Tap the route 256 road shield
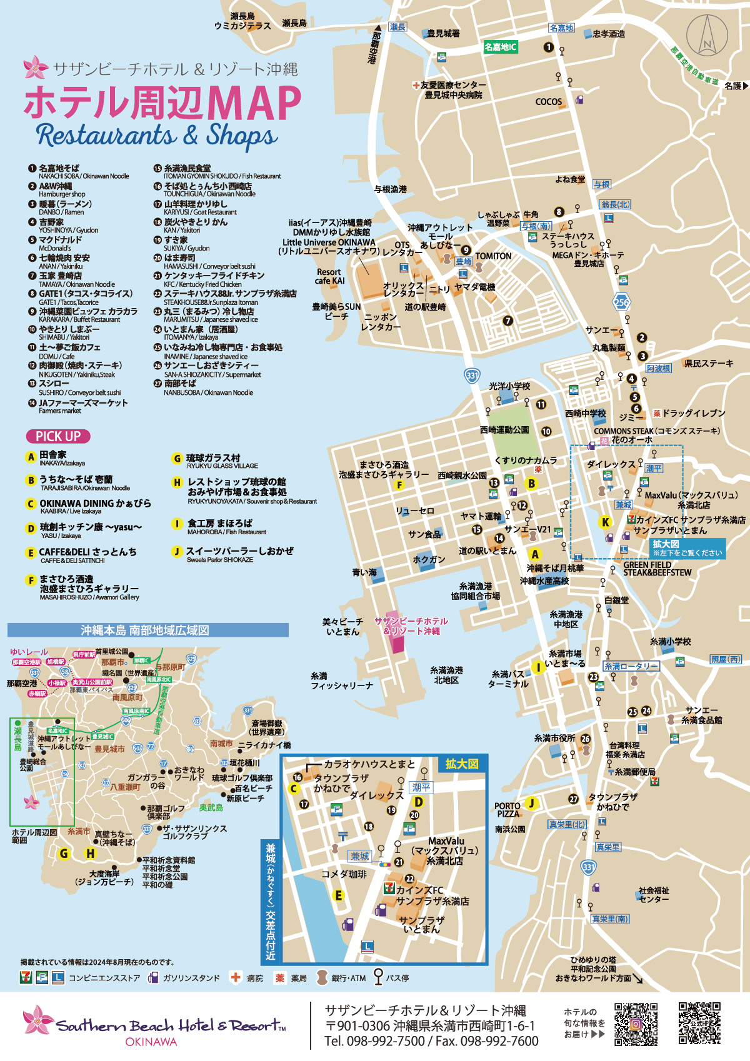click(x=621, y=302)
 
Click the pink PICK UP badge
click(x=58, y=436)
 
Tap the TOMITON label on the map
click(x=493, y=256)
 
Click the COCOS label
click(x=548, y=102)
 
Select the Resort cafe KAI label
click(x=329, y=276)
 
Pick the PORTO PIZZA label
click(x=507, y=810)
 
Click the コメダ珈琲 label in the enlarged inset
click(x=344, y=874)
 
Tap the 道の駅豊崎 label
click(x=425, y=307)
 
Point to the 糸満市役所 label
click(x=554, y=738)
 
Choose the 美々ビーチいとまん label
click(x=342, y=626)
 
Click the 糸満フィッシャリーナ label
click(x=341, y=680)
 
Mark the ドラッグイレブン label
click(x=693, y=413)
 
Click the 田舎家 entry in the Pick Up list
click(x=52, y=456)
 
